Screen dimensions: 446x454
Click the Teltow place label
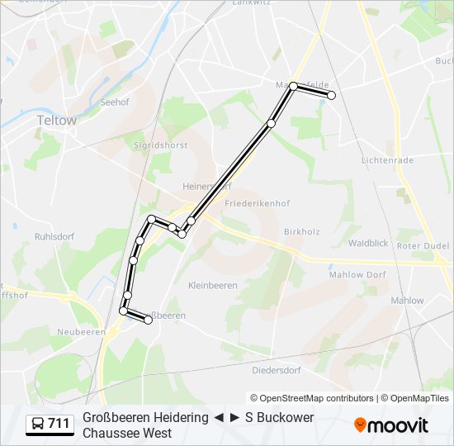pos(56,120)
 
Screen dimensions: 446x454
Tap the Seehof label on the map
pos(115,102)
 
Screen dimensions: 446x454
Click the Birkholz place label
pos(300,232)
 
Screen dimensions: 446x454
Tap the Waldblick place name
pos(368,244)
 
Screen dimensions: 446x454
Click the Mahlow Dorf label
pos(357,275)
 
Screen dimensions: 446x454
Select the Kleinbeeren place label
pos(212,286)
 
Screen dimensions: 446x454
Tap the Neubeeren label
pos(77,332)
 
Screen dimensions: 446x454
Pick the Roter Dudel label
pos(423,246)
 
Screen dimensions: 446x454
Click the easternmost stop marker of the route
pos(332,96)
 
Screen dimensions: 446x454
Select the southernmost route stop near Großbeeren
pos(149,320)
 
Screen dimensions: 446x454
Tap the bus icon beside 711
pos(37,425)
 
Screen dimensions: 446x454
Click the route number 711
pos(59,425)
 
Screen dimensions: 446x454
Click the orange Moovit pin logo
pos(361,425)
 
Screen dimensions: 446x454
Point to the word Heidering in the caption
pos(175,418)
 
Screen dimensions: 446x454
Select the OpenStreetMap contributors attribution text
pos(312,398)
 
